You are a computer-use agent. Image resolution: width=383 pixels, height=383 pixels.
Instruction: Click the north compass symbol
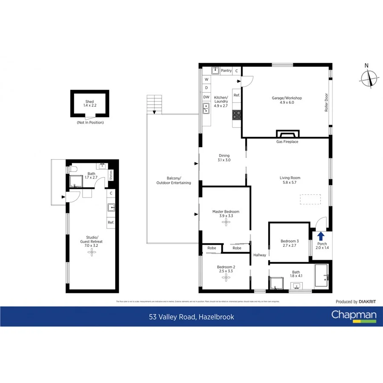(x=369, y=78)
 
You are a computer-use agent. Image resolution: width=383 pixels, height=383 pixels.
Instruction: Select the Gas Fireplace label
(x=288, y=142)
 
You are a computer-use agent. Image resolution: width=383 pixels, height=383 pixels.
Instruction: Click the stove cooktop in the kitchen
(x=237, y=114)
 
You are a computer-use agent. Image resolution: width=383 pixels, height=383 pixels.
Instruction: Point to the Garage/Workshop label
(x=287, y=100)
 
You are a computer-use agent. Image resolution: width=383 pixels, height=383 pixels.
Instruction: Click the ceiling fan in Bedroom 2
(x=226, y=278)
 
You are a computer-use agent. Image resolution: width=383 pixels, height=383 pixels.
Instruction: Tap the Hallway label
(x=260, y=255)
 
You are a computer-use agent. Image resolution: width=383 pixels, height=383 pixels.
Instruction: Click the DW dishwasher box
(x=206, y=97)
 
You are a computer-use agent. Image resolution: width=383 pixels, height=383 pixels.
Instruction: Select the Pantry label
(x=226, y=71)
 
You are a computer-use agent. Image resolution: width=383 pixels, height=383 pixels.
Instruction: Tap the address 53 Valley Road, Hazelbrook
(x=191, y=317)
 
